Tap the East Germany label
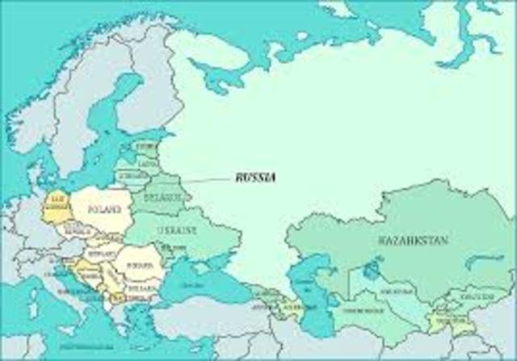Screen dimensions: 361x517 57,204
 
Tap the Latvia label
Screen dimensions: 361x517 147,164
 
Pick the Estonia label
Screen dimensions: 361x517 147,147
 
